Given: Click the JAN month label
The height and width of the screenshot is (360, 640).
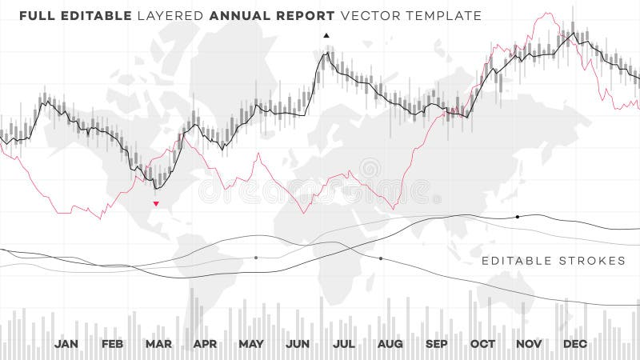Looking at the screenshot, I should point(66,344).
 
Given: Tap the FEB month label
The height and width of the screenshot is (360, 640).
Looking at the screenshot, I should point(112,344).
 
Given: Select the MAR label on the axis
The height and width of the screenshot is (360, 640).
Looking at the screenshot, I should point(158,344).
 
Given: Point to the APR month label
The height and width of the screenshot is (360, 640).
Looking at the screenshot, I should point(205,344).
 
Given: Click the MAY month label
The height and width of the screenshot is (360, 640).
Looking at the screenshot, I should point(251,344).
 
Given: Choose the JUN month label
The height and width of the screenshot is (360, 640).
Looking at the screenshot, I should point(298,344).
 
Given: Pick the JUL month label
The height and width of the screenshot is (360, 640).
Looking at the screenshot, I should point(344,344).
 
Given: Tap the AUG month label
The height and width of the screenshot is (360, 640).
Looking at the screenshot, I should point(390,344).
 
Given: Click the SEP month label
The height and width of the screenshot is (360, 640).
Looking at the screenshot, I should point(436,344).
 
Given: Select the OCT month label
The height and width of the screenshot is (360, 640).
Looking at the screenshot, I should point(482,344).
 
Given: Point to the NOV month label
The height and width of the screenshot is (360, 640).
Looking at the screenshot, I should point(529,344).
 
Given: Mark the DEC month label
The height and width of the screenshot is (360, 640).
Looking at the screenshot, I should point(575,344).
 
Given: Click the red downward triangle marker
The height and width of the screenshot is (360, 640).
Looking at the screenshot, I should point(156,203).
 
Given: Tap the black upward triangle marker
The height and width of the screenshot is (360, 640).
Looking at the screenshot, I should point(326,35).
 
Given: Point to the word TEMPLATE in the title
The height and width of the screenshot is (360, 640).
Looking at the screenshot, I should point(443,15).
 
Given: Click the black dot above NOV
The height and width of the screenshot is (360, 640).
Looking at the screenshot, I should point(517,217).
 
